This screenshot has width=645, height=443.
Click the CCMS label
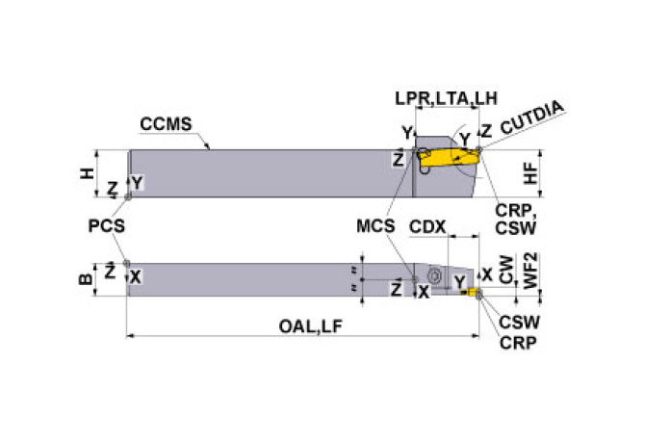pyautogui.click(x=166, y=124)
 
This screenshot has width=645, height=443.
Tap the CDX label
pyautogui.click(x=427, y=228)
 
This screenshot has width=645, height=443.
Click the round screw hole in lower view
pyautogui.click(x=434, y=276)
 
